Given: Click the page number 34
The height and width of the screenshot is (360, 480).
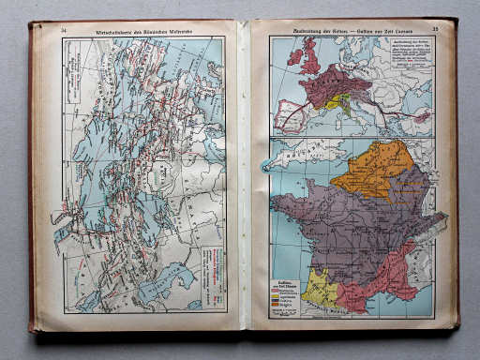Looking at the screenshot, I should point(64,31).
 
